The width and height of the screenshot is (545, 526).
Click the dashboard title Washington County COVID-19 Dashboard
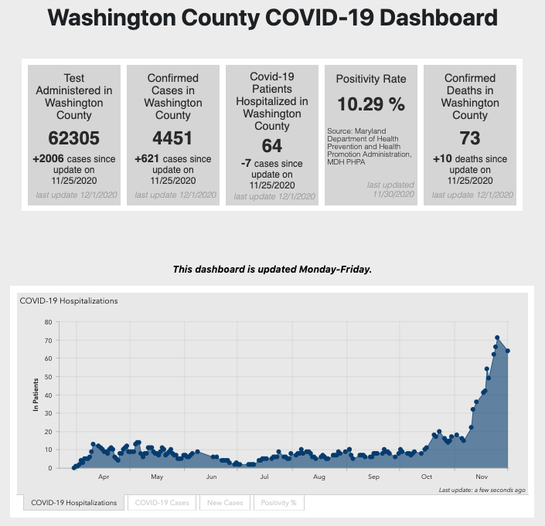coord(272,19)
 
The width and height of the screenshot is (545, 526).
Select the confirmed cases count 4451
coord(172,139)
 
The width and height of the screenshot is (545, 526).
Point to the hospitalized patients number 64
coord(271,146)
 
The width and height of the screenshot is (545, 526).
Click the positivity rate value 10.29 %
coord(370,104)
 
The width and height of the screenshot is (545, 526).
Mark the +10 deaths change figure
coord(443,159)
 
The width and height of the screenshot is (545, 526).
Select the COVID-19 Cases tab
coord(162,503)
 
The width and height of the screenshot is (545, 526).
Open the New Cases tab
coord(224,503)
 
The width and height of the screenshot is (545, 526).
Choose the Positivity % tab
coord(278,503)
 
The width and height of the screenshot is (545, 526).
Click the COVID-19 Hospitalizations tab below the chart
coord(73,503)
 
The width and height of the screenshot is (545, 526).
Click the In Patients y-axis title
coord(36,395)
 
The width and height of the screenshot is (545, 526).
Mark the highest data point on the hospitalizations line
coord(498,338)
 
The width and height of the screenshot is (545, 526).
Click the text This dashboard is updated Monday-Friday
coord(272,270)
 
